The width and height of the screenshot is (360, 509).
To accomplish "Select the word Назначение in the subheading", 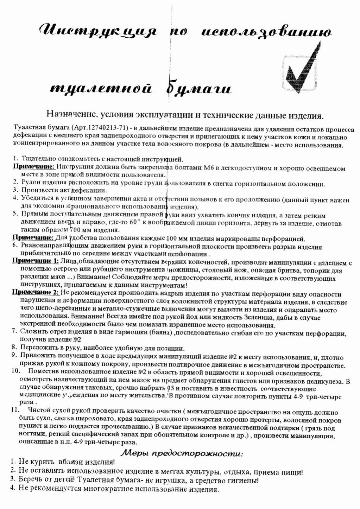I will [x=71, y=114].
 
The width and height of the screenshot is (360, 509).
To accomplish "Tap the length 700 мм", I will [x=80, y=230].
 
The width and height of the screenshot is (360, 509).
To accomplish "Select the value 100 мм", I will [x=177, y=238].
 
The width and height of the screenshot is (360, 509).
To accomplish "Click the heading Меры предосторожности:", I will [x=182, y=453].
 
